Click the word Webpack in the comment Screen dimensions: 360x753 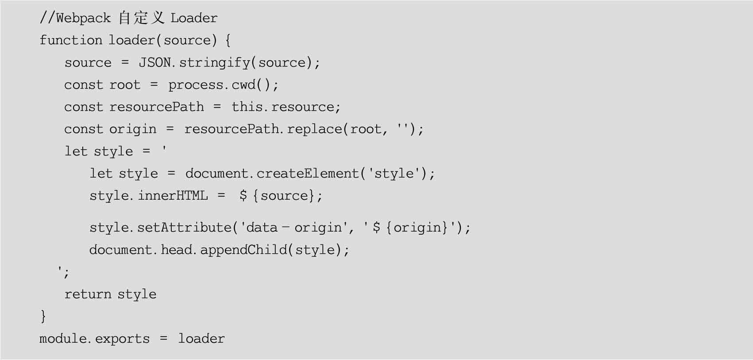[x=83, y=18]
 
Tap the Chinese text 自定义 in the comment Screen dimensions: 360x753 [x=141, y=18]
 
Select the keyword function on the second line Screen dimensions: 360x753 [x=71, y=40]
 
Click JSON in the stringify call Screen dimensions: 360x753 [x=154, y=62]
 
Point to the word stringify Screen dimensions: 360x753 [x=214, y=63]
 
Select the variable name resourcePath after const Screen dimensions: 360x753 [x=157, y=107]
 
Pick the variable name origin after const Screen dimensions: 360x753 [x=133, y=129]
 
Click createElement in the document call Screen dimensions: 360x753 [x=308, y=174]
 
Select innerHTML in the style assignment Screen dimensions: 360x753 [x=173, y=196]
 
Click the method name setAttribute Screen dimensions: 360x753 [x=184, y=228]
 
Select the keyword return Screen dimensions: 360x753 [x=88, y=294]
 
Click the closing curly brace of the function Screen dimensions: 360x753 [x=43, y=316]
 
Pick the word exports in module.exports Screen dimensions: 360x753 [x=122, y=339]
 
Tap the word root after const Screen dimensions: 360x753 [x=125, y=85]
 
